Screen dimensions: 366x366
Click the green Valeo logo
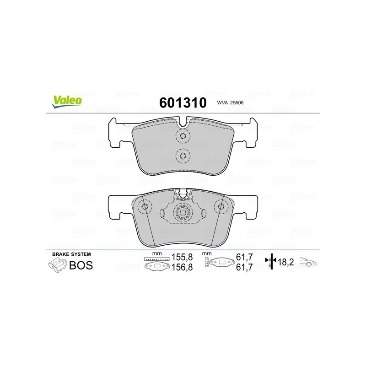(67, 102)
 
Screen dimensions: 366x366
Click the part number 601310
(183, 102)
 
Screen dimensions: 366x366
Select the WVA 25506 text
(230, 102)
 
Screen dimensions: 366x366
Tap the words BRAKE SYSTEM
(71, 254)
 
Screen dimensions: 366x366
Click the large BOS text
(81, 265)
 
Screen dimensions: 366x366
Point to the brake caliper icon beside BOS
(58, 265)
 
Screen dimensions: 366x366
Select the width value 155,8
(182, 257)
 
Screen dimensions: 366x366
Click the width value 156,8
(182, 267)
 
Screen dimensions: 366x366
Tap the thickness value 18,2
(285, 262)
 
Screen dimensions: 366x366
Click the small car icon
(307, 262)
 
